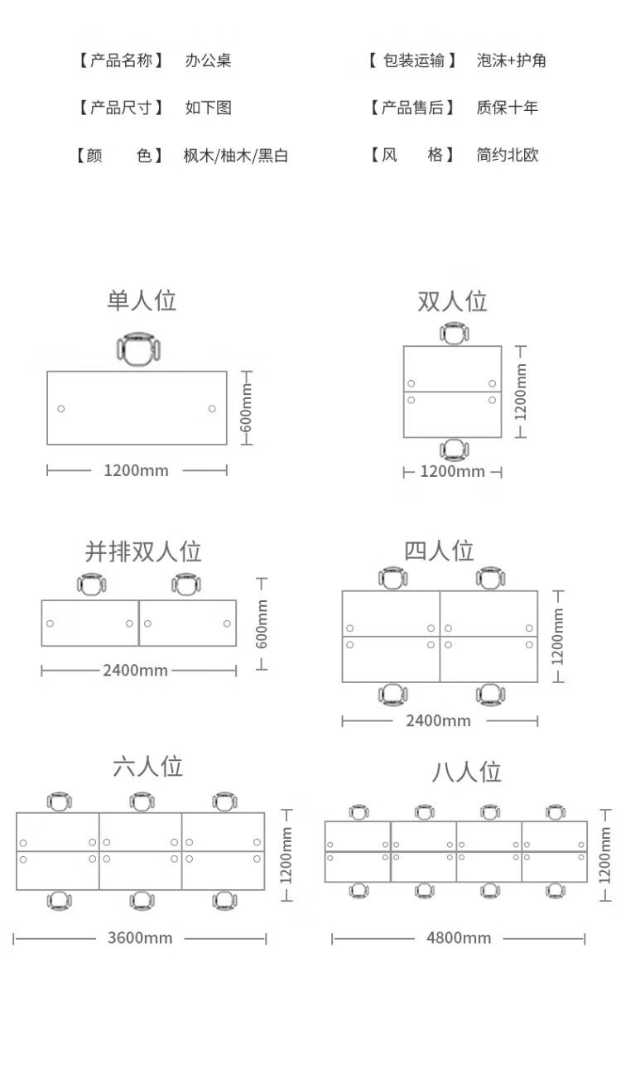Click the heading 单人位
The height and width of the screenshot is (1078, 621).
[142, 301]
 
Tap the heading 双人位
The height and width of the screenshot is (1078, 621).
[452, 301]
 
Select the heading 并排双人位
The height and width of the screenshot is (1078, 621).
[143, 551]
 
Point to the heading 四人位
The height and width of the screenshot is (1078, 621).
[439, 551]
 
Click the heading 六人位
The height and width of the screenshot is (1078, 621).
[147, 766]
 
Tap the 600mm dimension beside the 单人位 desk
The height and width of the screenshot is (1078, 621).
[246, 407]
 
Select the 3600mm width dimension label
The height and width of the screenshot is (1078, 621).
[140, 938]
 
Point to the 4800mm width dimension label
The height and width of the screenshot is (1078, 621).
[459, 938]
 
